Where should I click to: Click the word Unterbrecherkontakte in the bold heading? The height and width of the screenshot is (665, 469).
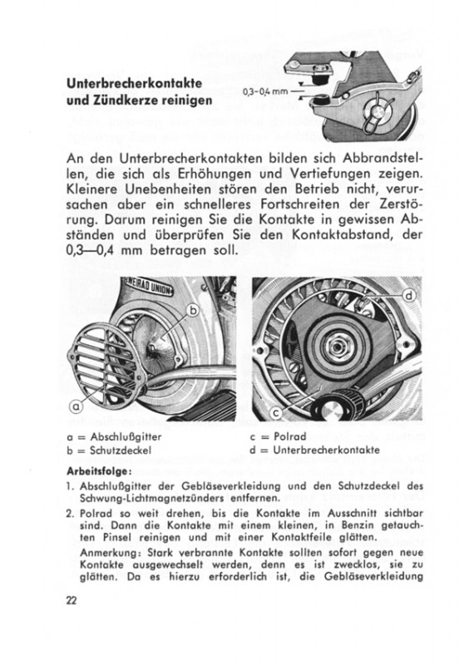[134, 84]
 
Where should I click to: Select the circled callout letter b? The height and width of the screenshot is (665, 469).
[194, 311]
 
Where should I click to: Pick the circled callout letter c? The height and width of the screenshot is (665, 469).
[276, 412]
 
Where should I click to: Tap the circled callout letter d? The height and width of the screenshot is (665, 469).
[410, 296]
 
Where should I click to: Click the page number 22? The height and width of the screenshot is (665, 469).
[72, 600]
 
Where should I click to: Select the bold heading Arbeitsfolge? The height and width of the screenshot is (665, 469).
[99, 471]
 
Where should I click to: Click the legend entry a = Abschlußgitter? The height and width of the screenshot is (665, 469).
[114, 437]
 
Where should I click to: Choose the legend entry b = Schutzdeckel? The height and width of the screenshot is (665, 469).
[109, 450]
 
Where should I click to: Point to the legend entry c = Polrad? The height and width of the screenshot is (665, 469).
[278, 436]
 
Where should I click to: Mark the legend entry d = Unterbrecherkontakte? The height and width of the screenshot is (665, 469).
[314, 450]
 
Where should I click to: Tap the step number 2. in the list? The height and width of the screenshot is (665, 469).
[71, 514]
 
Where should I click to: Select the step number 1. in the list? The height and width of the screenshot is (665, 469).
[71, 486]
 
